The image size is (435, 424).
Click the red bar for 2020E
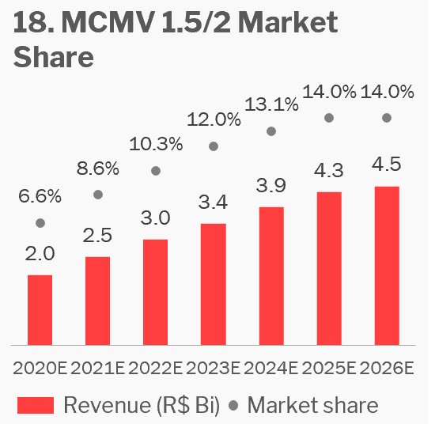(x=40, y=310)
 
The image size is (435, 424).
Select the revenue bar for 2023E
(x=214, y=285)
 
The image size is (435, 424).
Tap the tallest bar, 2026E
(x=387, y=266)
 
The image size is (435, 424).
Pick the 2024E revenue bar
(x=271, y=276)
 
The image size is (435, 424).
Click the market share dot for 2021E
(x=98, y=195)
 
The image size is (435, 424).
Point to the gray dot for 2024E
(x=271, y=131)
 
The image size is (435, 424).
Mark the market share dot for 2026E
(x=387, y=118)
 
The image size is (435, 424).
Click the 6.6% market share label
(x=40, y=196)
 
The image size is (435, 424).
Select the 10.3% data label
(x=156, y=144)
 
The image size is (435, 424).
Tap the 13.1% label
(x=271, y=104)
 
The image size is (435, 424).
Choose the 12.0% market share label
(x=214, y=119)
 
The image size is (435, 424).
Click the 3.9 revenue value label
(x=271, y=185)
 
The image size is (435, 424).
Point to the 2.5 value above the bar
(x=97, y=235)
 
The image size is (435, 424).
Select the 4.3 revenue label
(x=329, y=170)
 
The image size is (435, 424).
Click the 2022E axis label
(x=155, y=369)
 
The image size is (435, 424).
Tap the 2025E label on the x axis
(x=329, y=369)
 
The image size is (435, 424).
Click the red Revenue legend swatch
(x=36, y=405)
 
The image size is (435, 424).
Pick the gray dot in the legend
(x=233, y=405)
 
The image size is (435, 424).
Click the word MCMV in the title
(x=108, y=22)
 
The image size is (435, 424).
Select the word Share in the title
(x=54, y=57)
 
